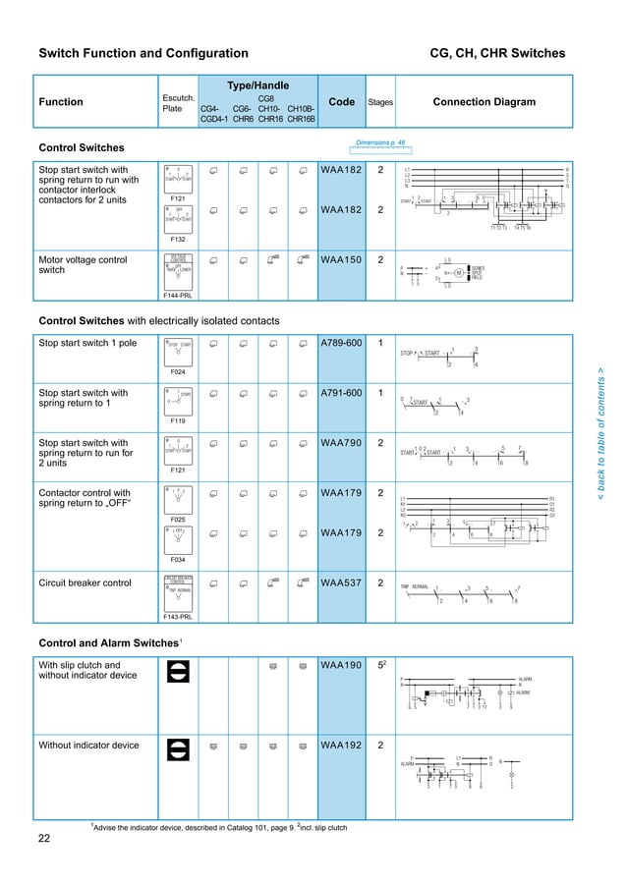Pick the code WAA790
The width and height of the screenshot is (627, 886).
click(340, 443)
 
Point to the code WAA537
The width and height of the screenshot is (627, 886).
click(340, 581)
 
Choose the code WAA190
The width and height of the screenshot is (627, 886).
click(340, 665)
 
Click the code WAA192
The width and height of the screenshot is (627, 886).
click(340, 746)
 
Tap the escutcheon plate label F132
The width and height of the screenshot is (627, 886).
click(178, 239)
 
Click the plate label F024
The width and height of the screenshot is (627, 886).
click(178, 372)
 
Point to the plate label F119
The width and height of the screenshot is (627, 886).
click(178, 420)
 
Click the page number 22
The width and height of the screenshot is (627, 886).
click(44, 838)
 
